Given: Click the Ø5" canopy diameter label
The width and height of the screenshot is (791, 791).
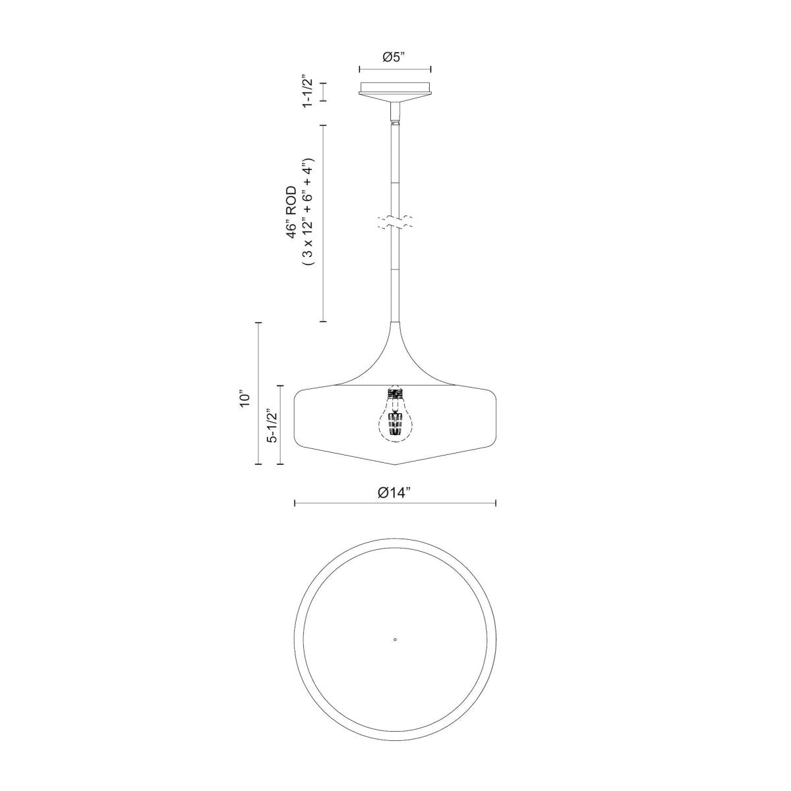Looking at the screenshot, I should (394, 57).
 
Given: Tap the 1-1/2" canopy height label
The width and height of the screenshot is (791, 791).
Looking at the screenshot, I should (307, 92).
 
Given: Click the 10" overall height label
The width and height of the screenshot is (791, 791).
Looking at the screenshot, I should (245, 399).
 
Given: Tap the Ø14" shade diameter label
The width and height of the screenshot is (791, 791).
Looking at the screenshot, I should (394, 492).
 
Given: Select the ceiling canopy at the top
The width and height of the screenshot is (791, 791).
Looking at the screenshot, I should (394, 89).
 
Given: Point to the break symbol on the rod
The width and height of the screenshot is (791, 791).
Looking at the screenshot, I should (394, 221).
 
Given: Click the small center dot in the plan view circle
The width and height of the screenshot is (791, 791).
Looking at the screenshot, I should (394, 639).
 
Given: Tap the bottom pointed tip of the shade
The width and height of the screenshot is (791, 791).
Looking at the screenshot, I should (394, 465).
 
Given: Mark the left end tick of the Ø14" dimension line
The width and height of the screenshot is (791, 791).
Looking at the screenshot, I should (294, 504).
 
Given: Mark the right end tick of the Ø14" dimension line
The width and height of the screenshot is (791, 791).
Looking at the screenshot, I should (496, 504).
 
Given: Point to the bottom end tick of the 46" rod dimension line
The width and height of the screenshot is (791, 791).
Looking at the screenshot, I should (323, 321).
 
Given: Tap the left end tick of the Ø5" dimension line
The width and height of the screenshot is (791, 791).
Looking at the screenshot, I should (359, 69).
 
